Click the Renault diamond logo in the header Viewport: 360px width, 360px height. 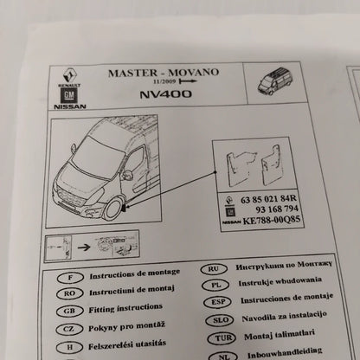coord(71,75)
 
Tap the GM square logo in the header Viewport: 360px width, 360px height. coord(68,95)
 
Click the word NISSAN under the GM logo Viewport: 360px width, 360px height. coord(70,106)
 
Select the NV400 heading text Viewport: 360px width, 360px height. coord(165,94)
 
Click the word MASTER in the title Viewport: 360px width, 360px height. coord(133,73)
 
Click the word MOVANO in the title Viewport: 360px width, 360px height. coord(194,73)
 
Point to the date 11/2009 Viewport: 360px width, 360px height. coord(164,81)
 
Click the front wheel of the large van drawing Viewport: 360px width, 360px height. coord(112,208)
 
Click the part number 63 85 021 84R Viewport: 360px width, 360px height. coord(268,199)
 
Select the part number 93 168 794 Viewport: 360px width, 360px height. coord(277,209)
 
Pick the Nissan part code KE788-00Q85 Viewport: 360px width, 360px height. coord(272,221)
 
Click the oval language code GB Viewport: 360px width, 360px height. coord(69,312)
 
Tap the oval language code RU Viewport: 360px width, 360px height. coord(214,269)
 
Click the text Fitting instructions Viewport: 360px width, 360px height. coord(125,308)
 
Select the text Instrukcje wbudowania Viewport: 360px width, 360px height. coord(280,281)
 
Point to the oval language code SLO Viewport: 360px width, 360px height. coord(221,320)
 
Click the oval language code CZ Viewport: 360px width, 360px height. coord(68,329)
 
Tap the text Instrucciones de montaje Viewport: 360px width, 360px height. coord(286,299)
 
